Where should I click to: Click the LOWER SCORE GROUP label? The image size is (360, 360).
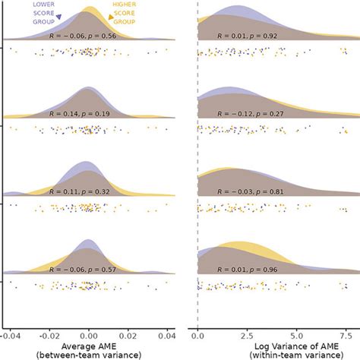pos(42,13)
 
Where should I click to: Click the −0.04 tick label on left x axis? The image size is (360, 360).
pos(11,333)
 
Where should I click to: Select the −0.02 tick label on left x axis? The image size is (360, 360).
pos(49,333)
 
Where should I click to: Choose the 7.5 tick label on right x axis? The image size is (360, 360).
pos(344,333)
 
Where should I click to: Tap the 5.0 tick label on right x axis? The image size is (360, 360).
pos(295,333)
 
